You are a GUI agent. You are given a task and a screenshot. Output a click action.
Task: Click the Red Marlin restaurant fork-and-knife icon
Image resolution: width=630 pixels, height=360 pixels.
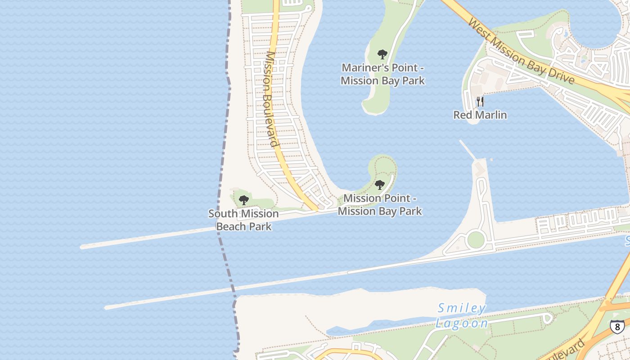point(480,101)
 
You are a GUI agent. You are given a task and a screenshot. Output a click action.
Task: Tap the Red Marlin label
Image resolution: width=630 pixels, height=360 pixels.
point(480,115)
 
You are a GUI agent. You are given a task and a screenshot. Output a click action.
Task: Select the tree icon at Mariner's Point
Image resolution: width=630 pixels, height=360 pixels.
point(382,55)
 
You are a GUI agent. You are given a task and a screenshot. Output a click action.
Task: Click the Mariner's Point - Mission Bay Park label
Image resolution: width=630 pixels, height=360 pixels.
point(382,74)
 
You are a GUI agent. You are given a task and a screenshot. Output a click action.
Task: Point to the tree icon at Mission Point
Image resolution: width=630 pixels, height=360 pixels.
point(380,185)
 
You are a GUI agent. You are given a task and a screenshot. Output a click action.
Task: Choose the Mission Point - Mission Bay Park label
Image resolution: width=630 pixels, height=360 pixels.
point(380,205)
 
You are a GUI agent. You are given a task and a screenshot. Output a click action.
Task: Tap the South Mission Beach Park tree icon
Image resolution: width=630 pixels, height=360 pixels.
point(244,200)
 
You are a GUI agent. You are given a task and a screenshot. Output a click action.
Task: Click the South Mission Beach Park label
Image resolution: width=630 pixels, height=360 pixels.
point(243,220)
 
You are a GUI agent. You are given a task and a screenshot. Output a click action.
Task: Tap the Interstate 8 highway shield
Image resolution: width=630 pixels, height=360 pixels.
point(617,326)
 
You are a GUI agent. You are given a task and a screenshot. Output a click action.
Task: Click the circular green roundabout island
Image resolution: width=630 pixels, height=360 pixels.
point(476,240)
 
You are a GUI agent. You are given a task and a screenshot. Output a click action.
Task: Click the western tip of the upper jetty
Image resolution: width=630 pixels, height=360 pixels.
point(82,247)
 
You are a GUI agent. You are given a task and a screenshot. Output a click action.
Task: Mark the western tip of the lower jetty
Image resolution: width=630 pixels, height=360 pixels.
point(107,308)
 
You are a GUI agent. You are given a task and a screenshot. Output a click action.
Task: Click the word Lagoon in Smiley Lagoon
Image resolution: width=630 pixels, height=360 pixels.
point(462,324)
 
